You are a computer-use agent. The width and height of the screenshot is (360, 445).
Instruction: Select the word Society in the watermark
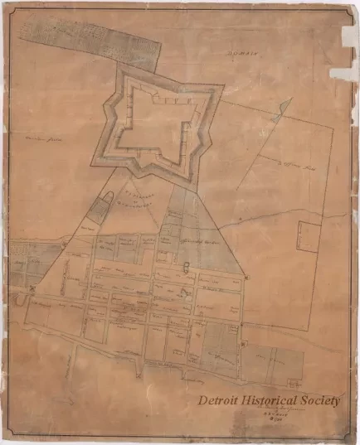pos(319,401)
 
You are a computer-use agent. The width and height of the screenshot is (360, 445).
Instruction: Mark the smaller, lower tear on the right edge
pos(343,73)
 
